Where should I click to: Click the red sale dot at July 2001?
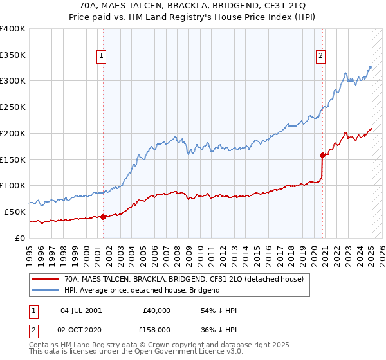[103, 217]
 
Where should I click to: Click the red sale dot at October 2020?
[322, 154]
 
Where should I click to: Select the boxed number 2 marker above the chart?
[320, 56]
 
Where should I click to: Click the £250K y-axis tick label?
[13, 107]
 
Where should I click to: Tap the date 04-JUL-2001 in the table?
[80, 310]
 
